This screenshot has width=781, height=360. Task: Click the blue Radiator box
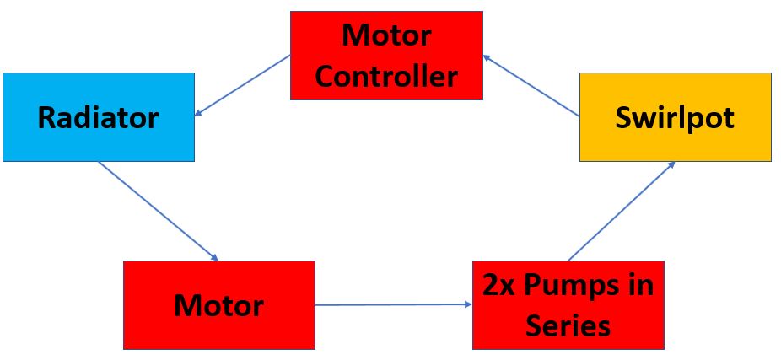98,117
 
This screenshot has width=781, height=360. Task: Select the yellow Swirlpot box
675,117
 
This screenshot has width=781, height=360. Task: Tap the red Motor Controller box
386,56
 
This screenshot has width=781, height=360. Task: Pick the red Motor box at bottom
218,304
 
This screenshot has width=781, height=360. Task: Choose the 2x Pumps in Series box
568,304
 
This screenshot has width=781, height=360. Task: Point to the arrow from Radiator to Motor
159,211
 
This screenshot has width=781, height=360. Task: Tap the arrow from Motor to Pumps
392,304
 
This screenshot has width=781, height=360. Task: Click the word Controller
386,77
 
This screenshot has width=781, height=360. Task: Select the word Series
568,325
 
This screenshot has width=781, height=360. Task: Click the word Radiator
98,117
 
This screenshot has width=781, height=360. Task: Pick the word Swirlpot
675,117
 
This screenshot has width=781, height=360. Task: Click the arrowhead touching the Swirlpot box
670,165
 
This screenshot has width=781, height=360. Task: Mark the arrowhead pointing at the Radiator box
200,112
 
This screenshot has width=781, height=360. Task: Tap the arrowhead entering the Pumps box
466,304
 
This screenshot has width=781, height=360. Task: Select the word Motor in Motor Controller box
386,35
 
